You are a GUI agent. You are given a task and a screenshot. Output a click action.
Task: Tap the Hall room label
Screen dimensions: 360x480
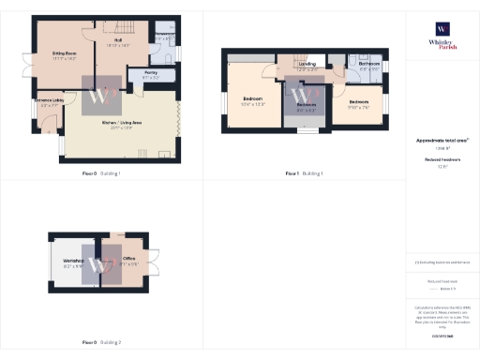click(x=119, y=40)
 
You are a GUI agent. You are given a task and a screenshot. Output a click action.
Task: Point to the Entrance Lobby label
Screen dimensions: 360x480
click(x=49, y=99)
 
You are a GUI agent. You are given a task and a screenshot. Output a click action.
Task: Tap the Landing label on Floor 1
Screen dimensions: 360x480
click(x=306, y=64)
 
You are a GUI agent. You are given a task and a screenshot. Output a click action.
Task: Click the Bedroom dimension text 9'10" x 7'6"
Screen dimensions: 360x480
click(x=359, y=106)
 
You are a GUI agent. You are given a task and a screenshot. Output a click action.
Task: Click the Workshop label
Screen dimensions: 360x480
click(x=73, y=259)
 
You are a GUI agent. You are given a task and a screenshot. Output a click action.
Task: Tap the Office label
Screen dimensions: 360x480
click(x=129, y=258)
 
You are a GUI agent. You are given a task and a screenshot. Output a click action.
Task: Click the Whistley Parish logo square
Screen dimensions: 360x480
click(x=442, y=28)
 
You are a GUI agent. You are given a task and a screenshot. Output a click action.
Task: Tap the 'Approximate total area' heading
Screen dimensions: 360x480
click(x=442, y=141)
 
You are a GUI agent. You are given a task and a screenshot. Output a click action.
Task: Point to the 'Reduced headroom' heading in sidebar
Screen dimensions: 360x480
click(x=442, y=160)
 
